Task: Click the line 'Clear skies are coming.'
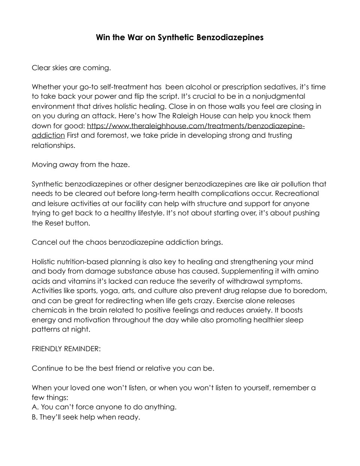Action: point(71,68)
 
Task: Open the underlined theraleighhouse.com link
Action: point(195,126)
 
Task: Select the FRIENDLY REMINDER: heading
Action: point(66,349)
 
